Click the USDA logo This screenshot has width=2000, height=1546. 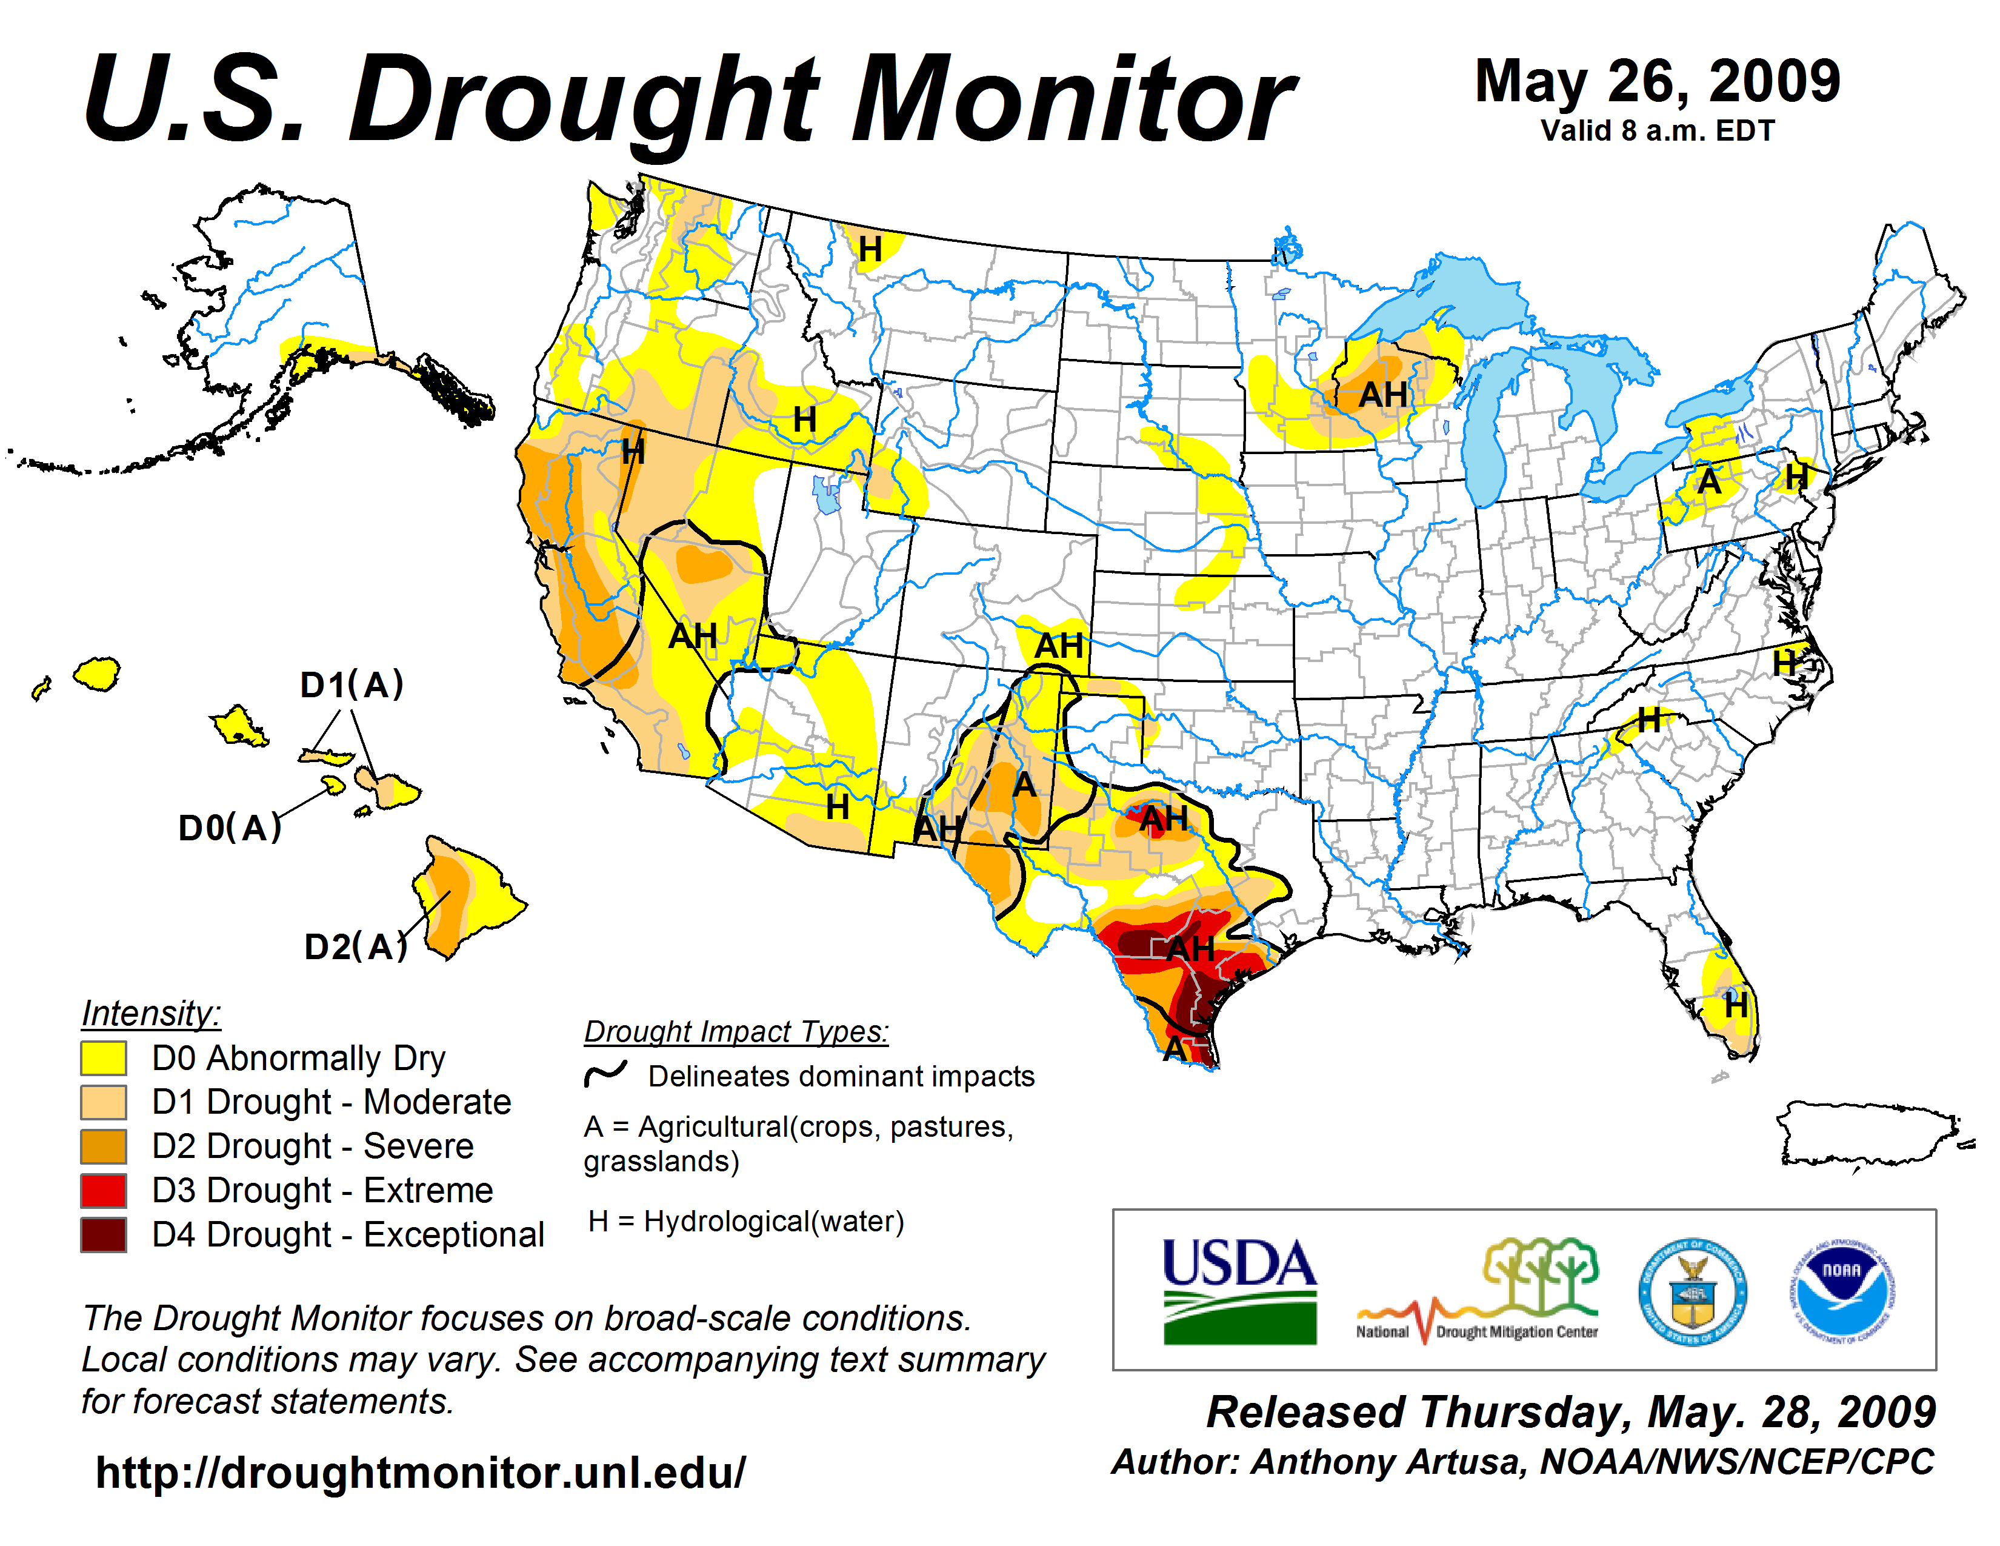pos(1239,1291)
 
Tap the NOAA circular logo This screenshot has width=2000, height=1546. pos(1842,1291)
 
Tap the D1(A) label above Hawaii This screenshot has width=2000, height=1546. pos(352,684)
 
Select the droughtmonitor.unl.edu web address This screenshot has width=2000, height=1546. pos(421,1473)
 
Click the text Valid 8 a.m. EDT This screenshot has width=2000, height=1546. pos(1658,131)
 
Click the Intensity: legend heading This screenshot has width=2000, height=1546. pos(151,1013)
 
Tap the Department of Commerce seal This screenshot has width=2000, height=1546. pos(1692,1291)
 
